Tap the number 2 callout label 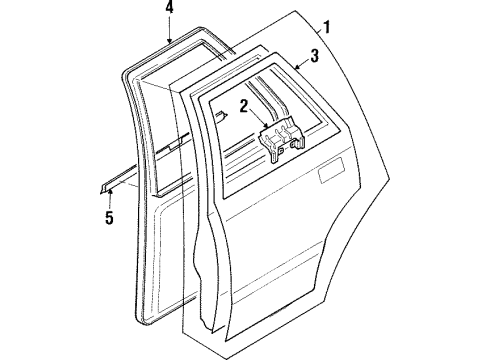(x=244, y=104)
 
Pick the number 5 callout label (x=111, y=215)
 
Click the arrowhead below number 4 (x=169, y=39)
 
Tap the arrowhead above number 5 (x=111, y=189)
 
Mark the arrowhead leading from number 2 (x=264, y=127)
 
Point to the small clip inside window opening (x=229, y=114)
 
